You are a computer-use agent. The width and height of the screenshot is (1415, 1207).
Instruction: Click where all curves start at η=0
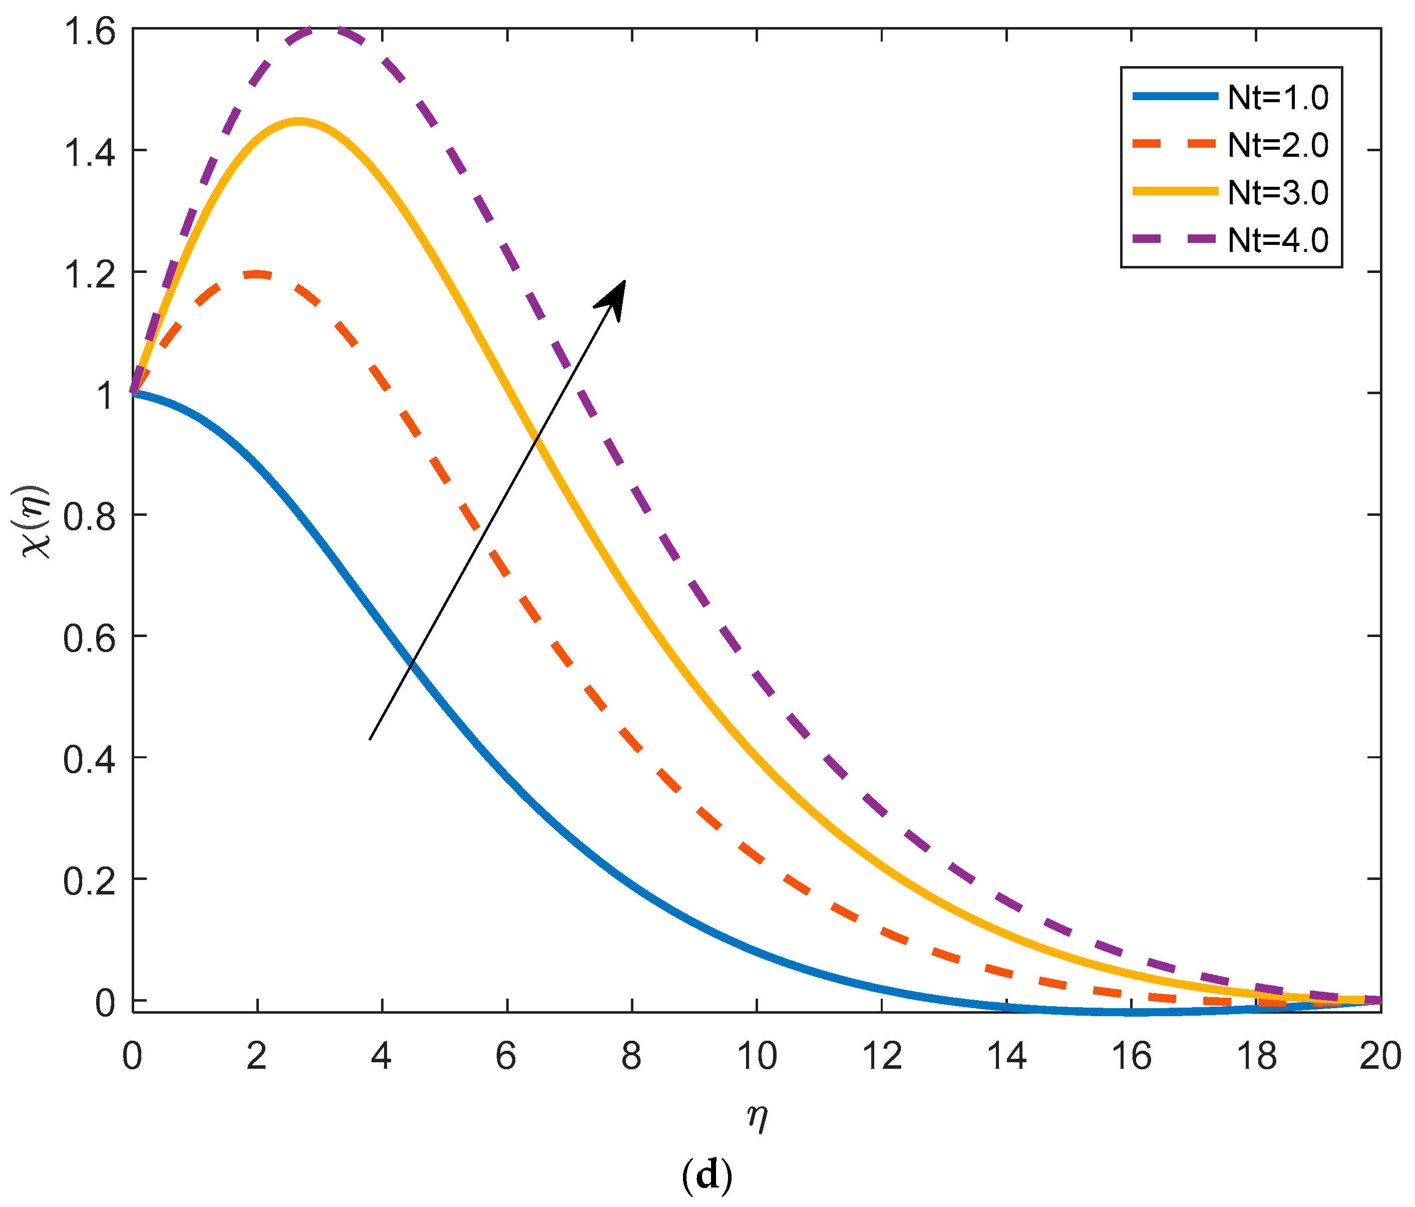point(134,393)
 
